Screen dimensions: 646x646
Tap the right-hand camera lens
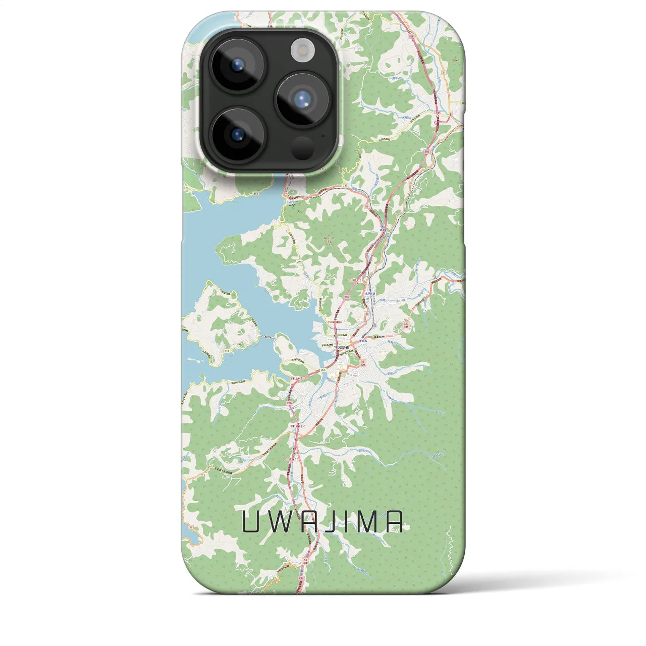coord(302,99)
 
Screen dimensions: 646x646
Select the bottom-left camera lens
coord(237,134)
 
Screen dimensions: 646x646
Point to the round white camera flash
coord(303,51)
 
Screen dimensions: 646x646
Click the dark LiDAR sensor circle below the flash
coord(302,147)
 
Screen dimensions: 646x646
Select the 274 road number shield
coord(299,261)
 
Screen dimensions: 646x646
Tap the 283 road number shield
coord(345,186)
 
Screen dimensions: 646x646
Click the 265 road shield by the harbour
coord(322,370)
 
